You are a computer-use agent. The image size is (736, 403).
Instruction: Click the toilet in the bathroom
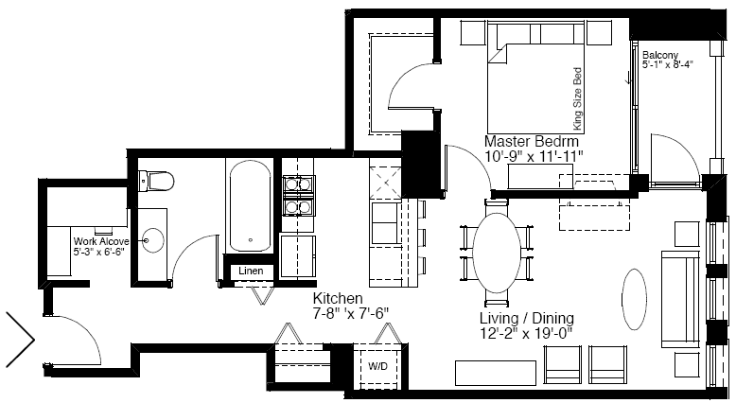156,181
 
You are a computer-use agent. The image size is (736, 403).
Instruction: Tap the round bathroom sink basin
152,240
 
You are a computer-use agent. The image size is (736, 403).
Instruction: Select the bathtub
250,206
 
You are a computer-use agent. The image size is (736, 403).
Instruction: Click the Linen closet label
251,271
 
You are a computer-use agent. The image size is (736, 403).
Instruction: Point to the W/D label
377,366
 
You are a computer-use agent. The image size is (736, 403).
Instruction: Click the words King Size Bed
577,99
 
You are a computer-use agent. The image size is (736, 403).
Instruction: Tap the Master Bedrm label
532,141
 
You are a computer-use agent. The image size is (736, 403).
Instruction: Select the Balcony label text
660,55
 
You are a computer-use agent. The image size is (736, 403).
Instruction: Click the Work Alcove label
101,241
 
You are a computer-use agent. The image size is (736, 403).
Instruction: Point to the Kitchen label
338,298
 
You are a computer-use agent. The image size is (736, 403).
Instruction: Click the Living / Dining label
527,318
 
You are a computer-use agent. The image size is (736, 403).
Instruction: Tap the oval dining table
497,253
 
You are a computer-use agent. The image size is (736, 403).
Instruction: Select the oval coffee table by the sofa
634,299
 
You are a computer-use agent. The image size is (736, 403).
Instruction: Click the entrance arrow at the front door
20,339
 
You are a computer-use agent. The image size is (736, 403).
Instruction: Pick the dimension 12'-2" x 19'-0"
526,334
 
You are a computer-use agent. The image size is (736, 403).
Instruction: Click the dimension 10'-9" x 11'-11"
534,156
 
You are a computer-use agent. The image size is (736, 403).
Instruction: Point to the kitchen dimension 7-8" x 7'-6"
351,313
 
